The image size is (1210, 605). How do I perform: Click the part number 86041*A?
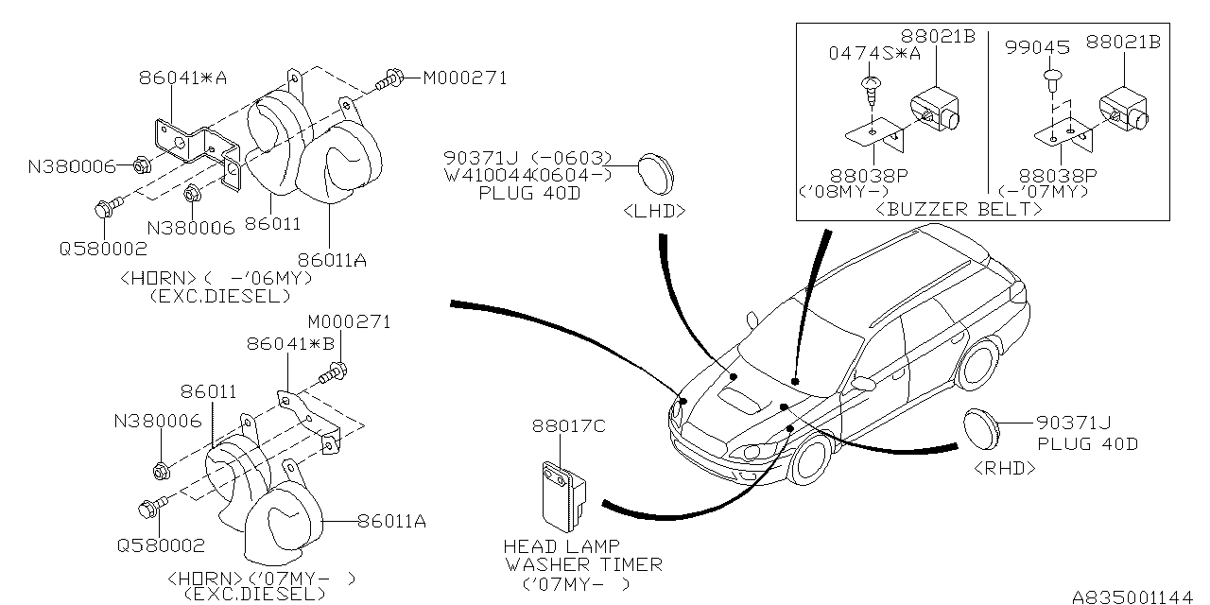pos(182,78)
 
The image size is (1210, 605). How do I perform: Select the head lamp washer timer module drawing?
pos(564,497)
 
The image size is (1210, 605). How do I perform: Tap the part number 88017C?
pos(569,426)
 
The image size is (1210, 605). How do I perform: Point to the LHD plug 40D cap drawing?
pos(656,174)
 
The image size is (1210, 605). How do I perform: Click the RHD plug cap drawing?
pos(981,429)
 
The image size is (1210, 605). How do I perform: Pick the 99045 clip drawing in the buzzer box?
pos(1053,80)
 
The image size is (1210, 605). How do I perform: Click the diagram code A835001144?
pos(1132,596)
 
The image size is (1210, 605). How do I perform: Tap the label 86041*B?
pos(290,343)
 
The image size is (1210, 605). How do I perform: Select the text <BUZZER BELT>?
pos(959,209)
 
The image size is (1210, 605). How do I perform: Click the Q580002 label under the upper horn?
pos(103,249)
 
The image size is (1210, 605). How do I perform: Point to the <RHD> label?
pos(1005,468)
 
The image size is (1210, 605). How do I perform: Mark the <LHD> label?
pos(654,211)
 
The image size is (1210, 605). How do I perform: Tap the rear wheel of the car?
pos(977,363)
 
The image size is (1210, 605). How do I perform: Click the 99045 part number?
pos(1037,47)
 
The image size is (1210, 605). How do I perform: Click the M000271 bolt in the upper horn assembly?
pos(389,81)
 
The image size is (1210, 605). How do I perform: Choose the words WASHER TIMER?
pos(584,565)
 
